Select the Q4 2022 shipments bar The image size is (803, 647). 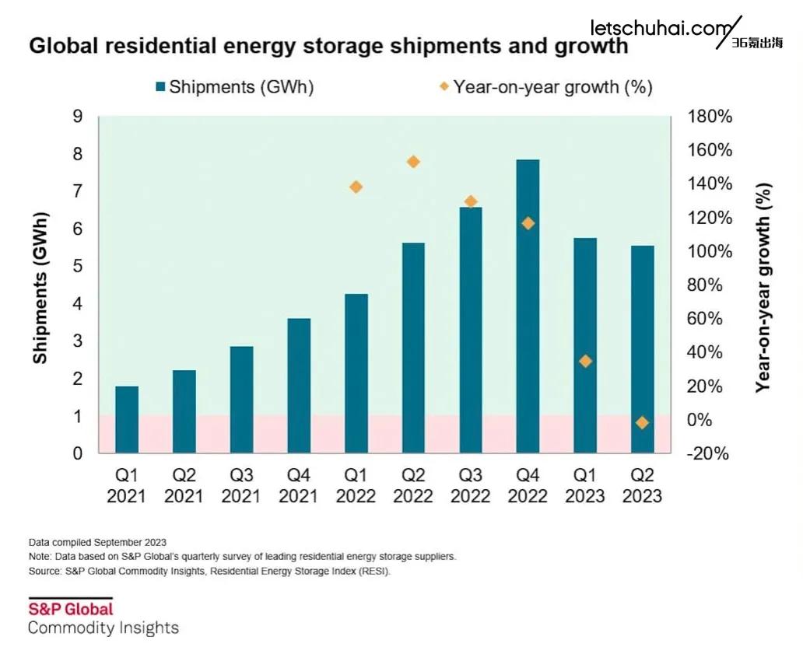(x=528, y=306)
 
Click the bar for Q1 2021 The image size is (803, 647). (x=127, y=419)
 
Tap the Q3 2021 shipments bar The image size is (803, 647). (x=241, y=399)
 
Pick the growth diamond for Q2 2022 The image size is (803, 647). (x=413, y=162)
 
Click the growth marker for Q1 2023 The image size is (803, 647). (x=585, y=361)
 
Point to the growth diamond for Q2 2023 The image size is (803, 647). (x=642, y=422)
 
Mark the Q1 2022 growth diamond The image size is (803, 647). (x=356, y=187)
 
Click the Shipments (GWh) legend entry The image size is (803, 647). (x=234, y=87)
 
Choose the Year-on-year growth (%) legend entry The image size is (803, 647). (x=545, y=87)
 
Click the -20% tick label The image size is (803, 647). (x=709, y=453)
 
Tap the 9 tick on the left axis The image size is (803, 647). (x=78, y=117)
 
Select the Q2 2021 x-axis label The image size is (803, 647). (x=184, y=485)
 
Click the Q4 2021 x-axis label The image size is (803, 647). (x=299, y=485)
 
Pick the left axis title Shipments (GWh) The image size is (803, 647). (x=40, y=287)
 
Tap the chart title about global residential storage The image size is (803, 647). (x=328, y=46)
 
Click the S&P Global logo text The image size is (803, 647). (x=71, y=608)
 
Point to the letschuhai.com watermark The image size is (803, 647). (x=658, y=29)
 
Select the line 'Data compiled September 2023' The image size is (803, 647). (x=97, y=542)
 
